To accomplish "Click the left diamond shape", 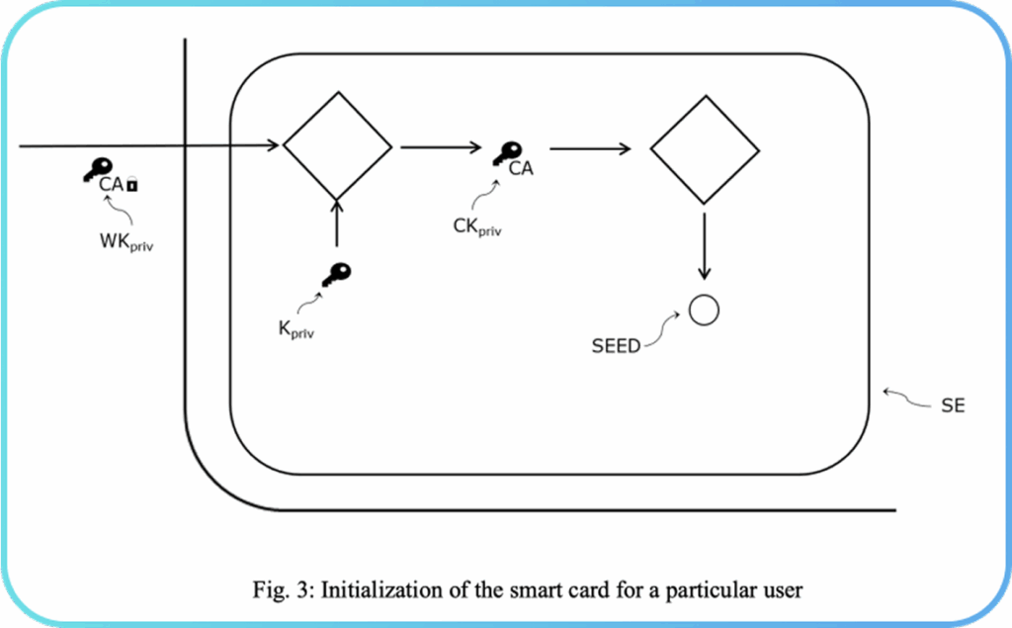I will [337, 146].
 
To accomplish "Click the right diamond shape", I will [704, 149].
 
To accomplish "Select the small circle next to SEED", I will [704, 311].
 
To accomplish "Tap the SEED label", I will [616, 346].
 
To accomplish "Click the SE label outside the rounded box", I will [953, 405].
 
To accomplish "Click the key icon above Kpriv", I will [336, 275].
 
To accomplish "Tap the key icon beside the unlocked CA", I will [508, 152].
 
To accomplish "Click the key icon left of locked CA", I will [97, 170].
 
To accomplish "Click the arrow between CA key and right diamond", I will [590, 149].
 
